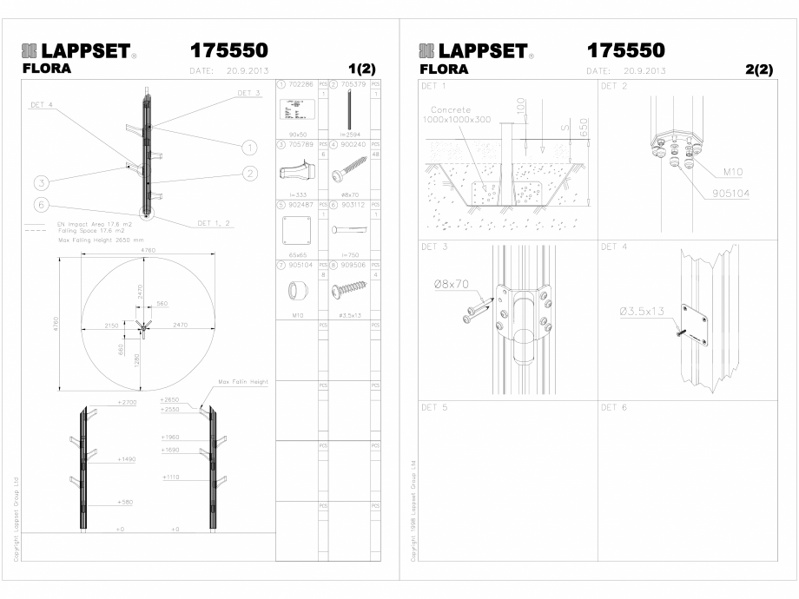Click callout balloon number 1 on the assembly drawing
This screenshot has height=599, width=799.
[249, 147]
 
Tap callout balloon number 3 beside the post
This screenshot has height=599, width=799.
[40, 182]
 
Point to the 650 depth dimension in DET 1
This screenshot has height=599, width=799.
[583, 128]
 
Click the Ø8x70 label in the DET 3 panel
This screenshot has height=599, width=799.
[449, 284]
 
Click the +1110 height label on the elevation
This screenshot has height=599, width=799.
[170, 477]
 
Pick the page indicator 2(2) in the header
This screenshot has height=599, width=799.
[758, 70]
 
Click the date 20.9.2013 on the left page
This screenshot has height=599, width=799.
[244, 70]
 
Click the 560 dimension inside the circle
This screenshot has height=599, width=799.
[162, 305]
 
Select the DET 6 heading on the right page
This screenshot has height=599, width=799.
[615, 407]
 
